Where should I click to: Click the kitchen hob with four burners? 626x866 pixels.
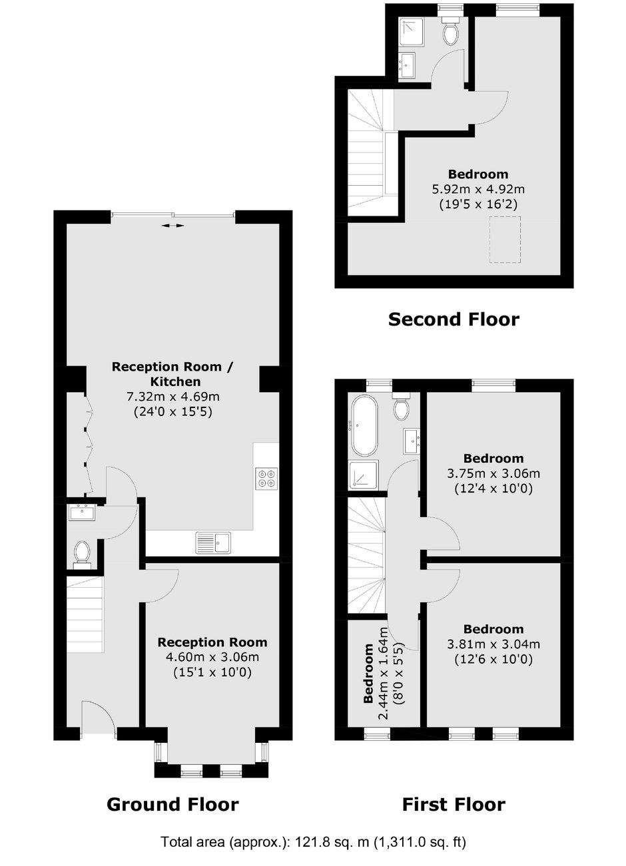(x=266, y=479)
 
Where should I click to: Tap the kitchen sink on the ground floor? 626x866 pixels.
(x=213, y=543)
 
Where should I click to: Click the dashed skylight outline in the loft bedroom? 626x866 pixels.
(x=505, y=240)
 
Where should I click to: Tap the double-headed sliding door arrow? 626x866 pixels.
(x=173, y=226)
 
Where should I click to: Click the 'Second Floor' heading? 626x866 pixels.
(x=454, y=320)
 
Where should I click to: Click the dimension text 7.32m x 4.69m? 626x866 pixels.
(x=173, y=397)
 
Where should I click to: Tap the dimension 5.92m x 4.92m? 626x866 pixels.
(x=478, y=189)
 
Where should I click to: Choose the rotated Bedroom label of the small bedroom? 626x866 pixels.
(x=368, y=673)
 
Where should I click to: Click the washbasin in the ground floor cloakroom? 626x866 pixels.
(x=82, y=513)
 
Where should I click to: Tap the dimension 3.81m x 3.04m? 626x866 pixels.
(x=493, y=644)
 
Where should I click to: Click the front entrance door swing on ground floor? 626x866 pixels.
(x=97, y=717)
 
